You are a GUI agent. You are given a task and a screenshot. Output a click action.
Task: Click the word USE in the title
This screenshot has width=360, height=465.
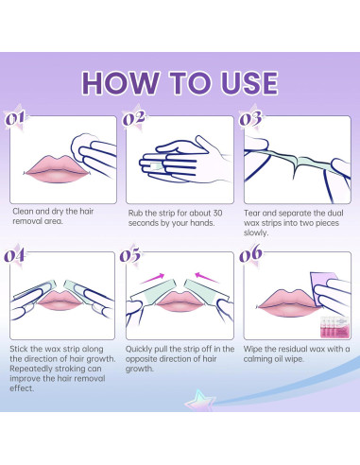pyautogui.click(x=249, y=83)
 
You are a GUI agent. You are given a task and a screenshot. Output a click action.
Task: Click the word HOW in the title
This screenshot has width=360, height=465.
pyautogui.click(x=120, y=83)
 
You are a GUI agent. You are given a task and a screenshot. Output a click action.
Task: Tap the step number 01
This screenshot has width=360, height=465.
pyautogui.click(x=15, y=118)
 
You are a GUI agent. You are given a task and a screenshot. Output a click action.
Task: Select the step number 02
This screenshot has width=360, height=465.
pyautogui.click(x=134, y=118)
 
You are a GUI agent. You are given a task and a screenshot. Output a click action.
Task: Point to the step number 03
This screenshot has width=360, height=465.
pyautogui.click(x=250, y=118)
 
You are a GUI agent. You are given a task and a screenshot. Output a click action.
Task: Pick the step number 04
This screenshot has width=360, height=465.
pyautogui.click(x=14, y=255)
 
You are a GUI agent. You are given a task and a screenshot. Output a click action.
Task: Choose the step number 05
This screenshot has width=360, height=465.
pyautogui.click(x=130, y=255)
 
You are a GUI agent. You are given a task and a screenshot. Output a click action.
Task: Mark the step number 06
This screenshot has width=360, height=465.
pyautogui.click(x=250, y=254)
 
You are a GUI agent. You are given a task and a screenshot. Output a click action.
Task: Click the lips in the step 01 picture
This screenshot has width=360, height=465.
pyautogui.click(x=56, y=169)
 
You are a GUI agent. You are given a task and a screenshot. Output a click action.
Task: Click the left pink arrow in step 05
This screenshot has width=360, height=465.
pyautogui.click(x=152, y=278)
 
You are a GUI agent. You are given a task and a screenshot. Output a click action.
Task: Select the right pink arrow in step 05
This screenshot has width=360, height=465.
pyautogui.click(x=207, y=277)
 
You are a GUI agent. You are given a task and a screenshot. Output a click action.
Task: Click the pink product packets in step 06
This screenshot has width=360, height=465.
pyautogui.click(x=334, y=327)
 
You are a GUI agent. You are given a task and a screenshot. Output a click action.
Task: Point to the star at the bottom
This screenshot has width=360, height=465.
pyautogui.click(x=199, y=400)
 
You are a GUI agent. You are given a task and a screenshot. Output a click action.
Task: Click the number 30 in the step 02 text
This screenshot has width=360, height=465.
pyautogui.click(x=217, y=213)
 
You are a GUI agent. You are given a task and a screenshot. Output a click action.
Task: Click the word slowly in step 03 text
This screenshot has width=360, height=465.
pyautogui.click(x=256, y=232)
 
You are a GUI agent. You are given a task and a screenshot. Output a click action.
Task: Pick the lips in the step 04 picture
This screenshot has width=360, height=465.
pyautogui.click(x=60, y=300)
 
